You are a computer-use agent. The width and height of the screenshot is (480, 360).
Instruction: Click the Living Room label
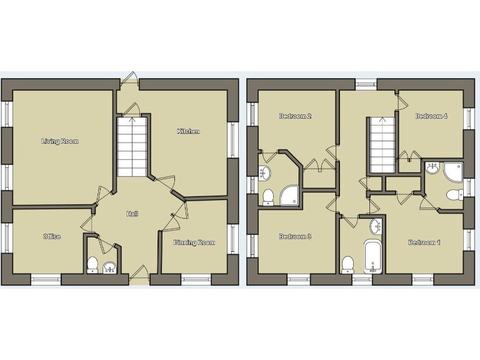pos(60,141)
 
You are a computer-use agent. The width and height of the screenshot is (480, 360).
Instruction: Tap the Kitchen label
pos(188,131)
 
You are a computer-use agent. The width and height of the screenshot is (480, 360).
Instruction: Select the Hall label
pos(132,214)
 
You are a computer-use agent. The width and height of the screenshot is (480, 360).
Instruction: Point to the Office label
pos(52,236)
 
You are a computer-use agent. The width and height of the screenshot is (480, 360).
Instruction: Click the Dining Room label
pos(194,242)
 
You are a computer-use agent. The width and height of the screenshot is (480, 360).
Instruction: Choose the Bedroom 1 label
pos(424,242)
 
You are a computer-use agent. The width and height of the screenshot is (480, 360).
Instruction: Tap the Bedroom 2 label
pos(295,116)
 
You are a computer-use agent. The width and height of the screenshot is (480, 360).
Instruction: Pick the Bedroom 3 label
pos(295,236)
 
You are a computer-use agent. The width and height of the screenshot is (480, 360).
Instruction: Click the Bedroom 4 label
pos(431,116)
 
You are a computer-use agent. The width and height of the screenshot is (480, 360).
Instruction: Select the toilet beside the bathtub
pos(348,264)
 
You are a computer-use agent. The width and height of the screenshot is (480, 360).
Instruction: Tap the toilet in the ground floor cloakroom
pos(92,265)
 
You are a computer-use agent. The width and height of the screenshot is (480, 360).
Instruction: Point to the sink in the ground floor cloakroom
pos(109,268)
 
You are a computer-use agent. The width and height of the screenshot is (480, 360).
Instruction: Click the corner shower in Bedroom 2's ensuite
pos(290,196)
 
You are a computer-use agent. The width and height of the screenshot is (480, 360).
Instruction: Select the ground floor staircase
pos(131,147)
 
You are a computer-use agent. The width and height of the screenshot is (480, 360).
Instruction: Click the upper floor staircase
pos(381,145)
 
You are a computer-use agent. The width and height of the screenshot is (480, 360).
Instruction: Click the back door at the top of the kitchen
pos(129,79)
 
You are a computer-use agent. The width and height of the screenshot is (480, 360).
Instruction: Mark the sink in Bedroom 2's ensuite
pos(266,172)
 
